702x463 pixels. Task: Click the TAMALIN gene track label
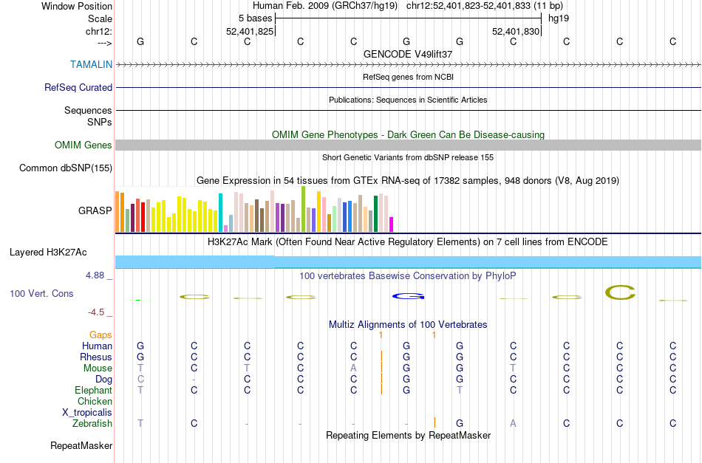coord(92,64)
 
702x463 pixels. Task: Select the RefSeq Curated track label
coord(78,87)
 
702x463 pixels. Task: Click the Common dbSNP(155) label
coord(66,168)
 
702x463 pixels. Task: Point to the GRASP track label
coord(95,210)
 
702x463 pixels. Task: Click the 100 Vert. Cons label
coord(41,293)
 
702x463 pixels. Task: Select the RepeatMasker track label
coord(81,445)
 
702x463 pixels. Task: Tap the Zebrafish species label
coord(92,423)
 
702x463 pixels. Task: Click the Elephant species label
coord(93,390)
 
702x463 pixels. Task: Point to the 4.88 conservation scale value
coord(98,275)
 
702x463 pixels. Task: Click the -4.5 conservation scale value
coord(100,312)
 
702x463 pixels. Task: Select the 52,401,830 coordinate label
coord(516,31)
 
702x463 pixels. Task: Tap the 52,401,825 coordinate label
coord(250,31)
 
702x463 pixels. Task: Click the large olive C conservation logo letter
coord(620,292)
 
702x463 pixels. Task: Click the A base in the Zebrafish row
coord(513,423)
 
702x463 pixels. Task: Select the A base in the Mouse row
coord(354,368)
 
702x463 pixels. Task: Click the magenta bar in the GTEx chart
coord(392,224)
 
